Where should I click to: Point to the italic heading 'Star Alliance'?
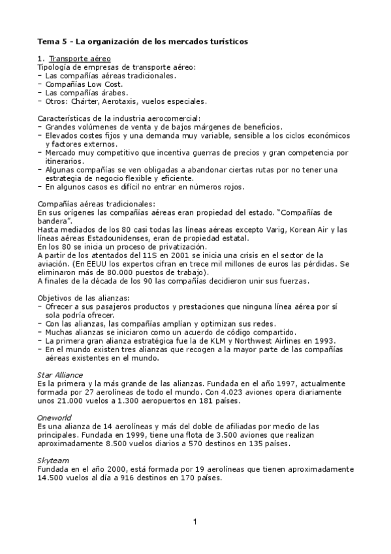(60, 375)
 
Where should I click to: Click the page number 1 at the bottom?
(195, 521)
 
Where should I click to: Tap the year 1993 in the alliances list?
(324, 340)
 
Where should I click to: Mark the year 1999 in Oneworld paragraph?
(149, 434)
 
